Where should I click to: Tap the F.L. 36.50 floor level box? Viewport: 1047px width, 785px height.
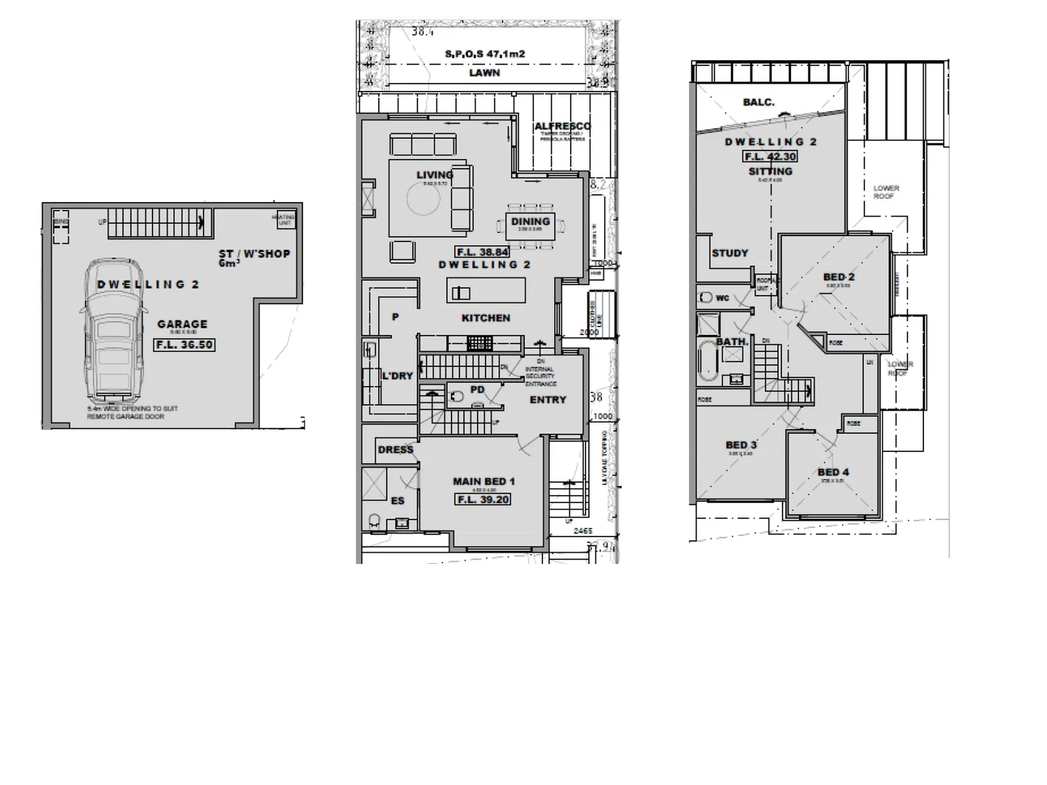click(185, 345)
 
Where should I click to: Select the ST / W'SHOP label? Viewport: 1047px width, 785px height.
click(254, 254)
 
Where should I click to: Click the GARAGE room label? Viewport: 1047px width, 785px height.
click(182, 324)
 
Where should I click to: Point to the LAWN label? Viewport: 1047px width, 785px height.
click(484, 73)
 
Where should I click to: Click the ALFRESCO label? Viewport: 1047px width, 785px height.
click(562, 126)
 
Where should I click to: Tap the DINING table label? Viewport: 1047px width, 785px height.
click(530, 222)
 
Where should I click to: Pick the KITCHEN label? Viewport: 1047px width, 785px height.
click(486, 318)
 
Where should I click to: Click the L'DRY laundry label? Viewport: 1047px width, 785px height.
click(397, 376)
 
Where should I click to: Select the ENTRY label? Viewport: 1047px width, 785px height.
click(547, 400)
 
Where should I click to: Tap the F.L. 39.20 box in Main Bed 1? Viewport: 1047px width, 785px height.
click(484, 499)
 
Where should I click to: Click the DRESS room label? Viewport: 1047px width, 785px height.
click(396, 450)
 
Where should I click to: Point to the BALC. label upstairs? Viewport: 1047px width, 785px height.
click(758, 102)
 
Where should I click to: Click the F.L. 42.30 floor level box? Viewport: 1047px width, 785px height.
click(770, 156)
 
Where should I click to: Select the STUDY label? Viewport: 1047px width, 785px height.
click(730, 253)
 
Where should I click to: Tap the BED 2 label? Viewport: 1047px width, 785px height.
click(838, 277)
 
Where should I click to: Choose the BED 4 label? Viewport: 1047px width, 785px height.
click(833, 472)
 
